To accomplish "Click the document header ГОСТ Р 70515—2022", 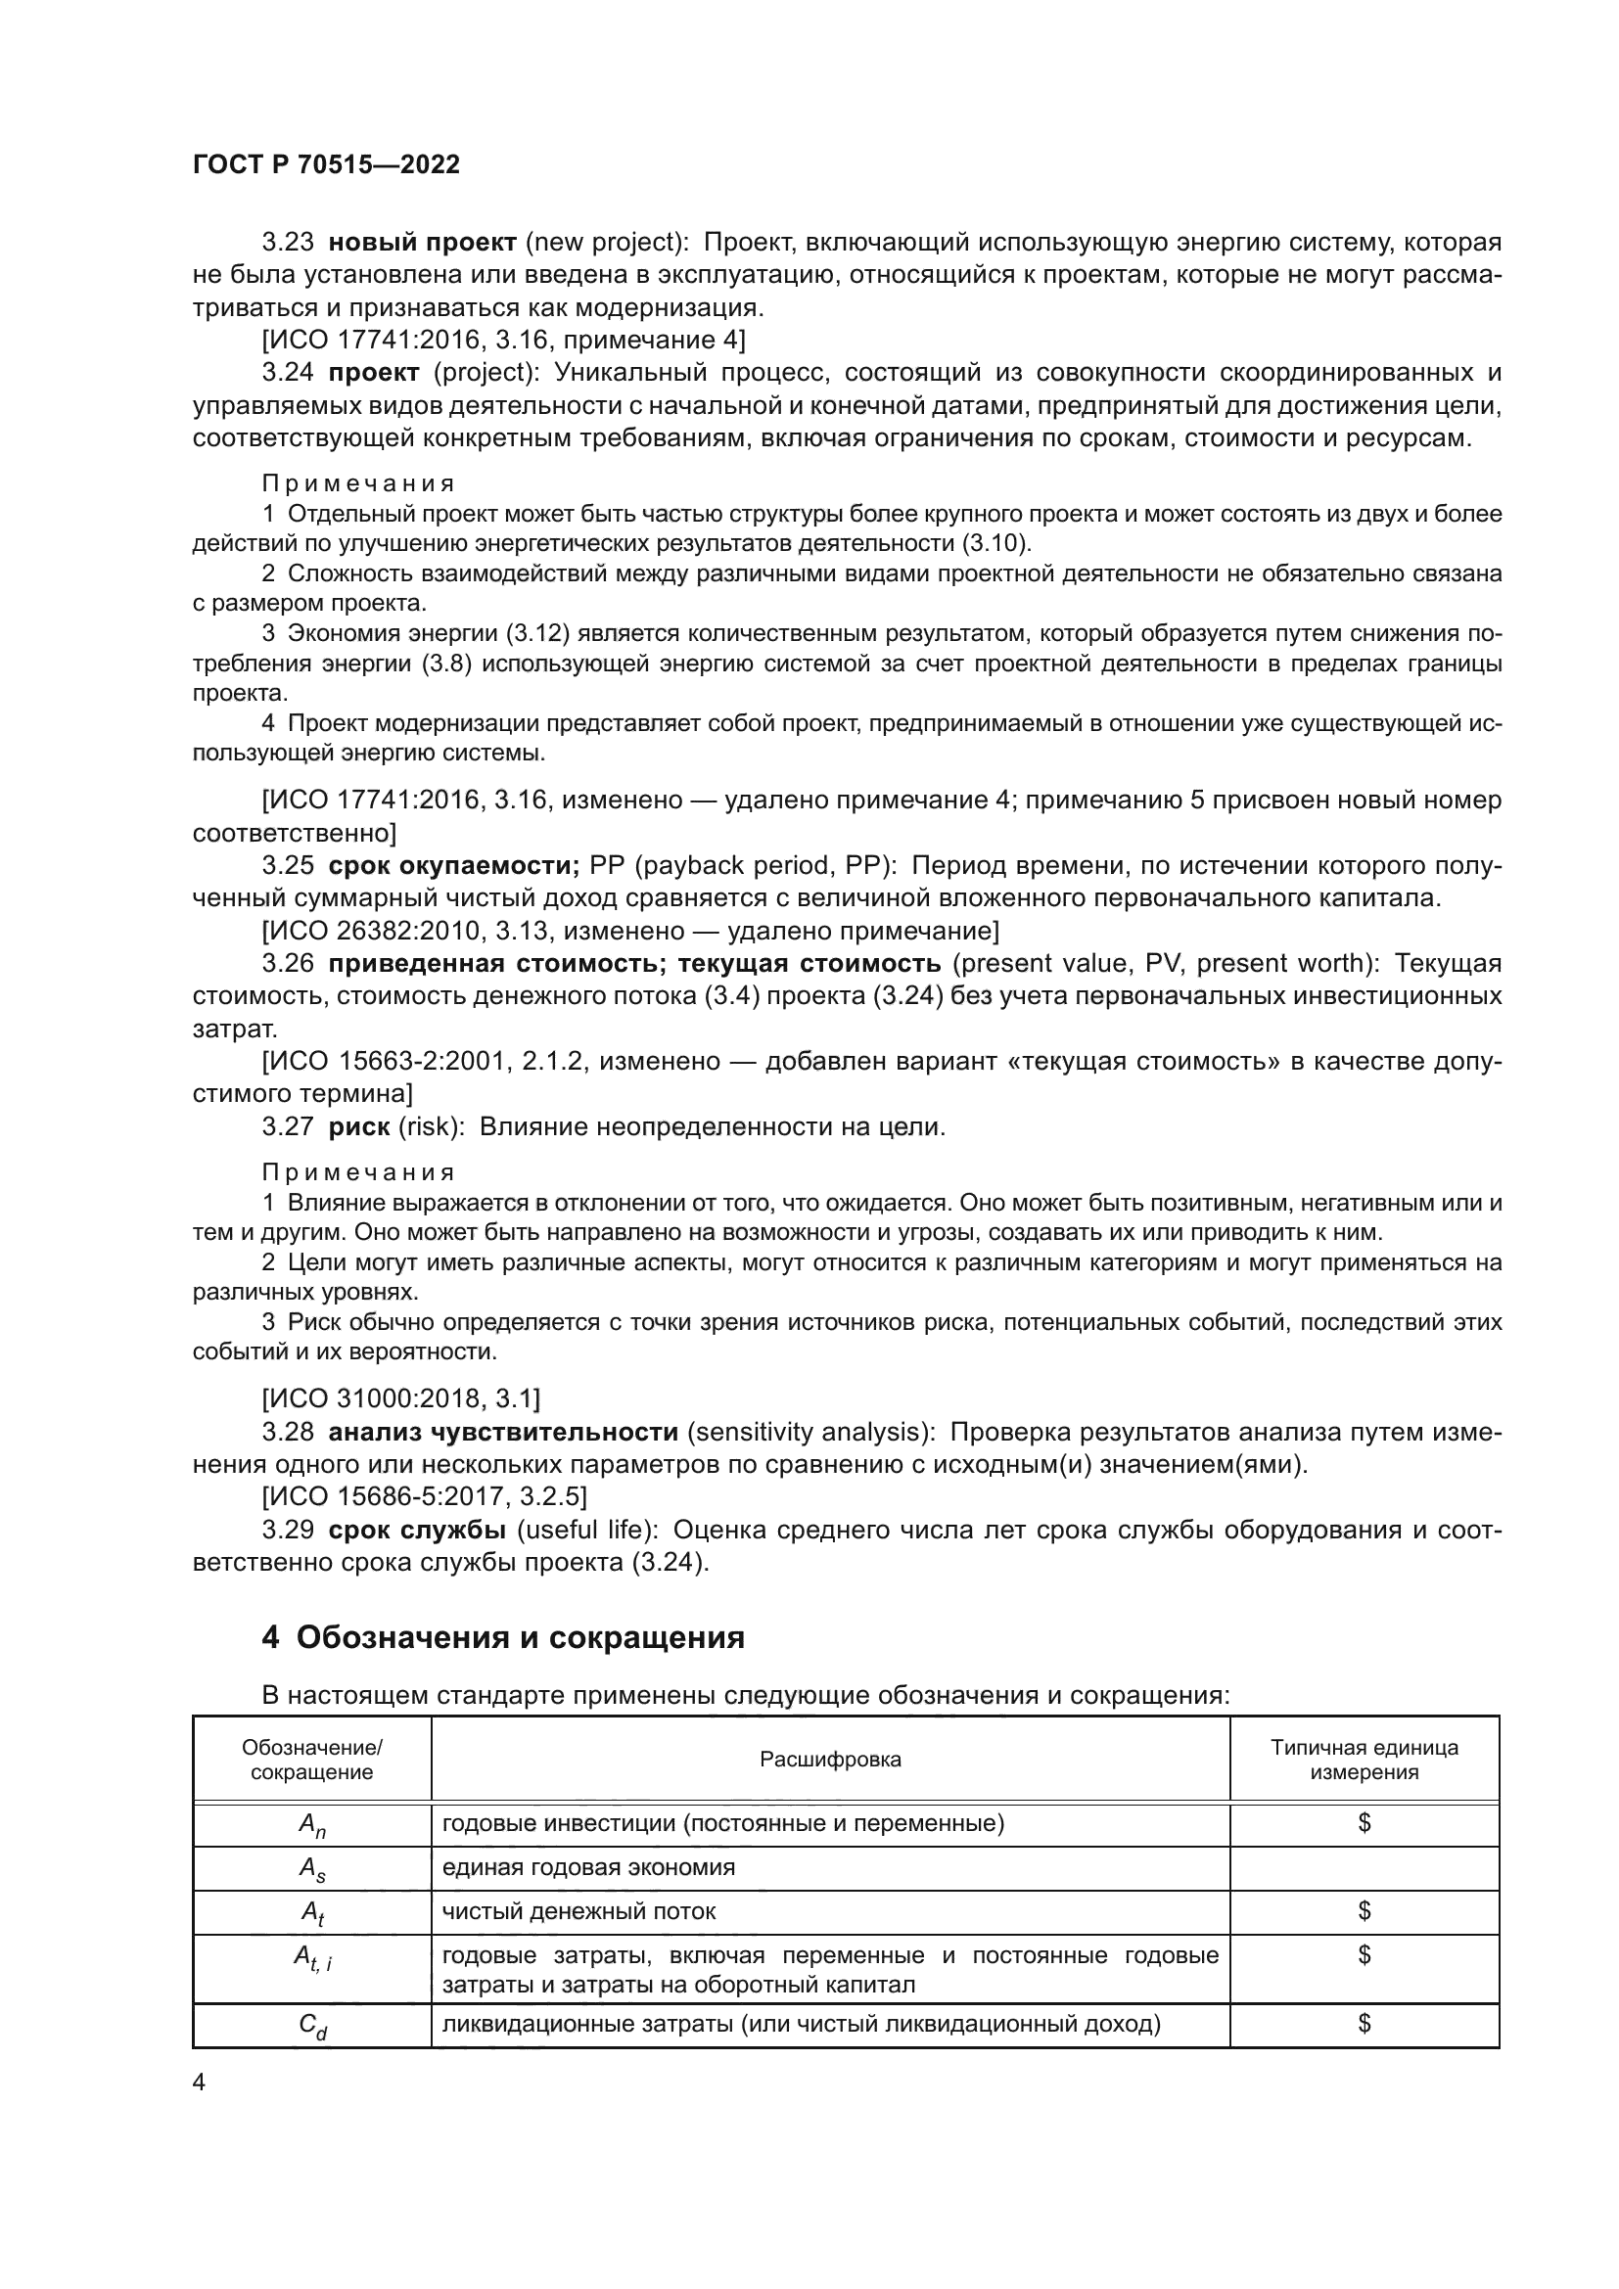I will (326, 164).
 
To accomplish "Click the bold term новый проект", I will (422, 243).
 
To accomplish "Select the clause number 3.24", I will (287, 373).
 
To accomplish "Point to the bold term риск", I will (359, 1126).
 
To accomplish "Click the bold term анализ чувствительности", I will (502, 1433).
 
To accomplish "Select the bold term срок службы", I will (417, 1531).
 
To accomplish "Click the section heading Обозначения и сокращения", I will (520, 1638).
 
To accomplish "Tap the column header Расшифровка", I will (829, 1760).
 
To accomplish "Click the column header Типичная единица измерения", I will (1363, 1760).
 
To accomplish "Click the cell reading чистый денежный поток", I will (578, 1911).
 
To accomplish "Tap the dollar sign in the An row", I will (1363, 1823).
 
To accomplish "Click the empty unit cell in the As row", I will (1363, 1868).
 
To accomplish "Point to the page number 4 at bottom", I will (199, 2083).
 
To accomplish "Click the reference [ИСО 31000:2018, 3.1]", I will (400, 1399).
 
